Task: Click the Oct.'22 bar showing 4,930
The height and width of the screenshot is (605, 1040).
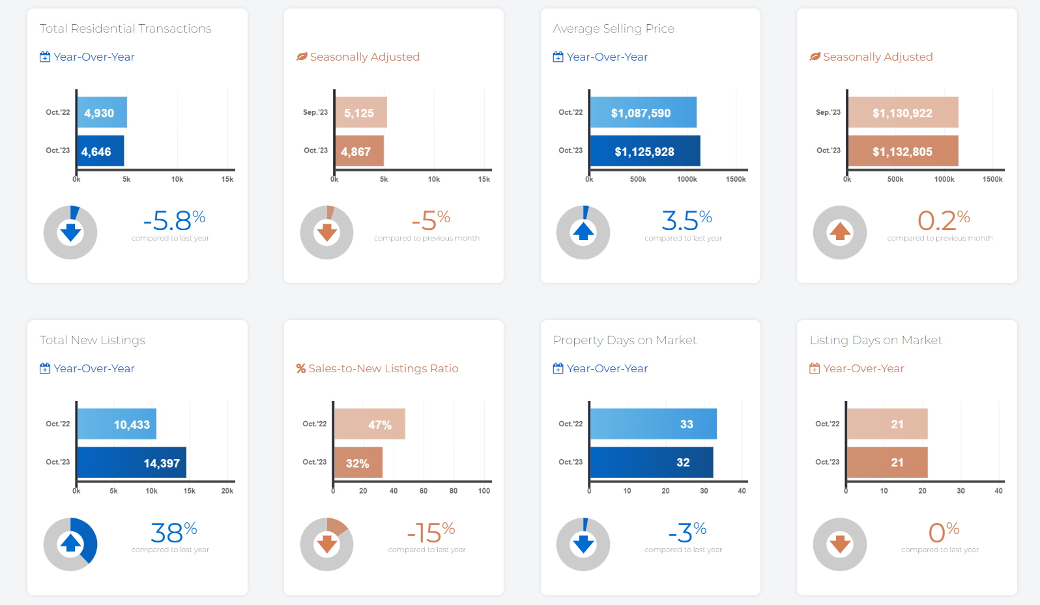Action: [x=102, y=112]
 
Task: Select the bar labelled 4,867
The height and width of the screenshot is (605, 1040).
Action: [x=359, y=151]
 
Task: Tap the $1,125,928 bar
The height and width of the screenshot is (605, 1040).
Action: [x=645, y=151]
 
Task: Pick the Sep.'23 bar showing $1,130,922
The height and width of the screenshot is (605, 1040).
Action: [x=903, y=112]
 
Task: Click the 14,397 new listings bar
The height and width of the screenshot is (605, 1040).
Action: [x=132, y=463]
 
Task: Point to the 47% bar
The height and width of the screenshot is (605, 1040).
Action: [x=369, y=424]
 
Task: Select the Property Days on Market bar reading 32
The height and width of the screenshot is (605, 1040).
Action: [x=652, y=462]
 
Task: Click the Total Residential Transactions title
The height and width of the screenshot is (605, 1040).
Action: [x=126, y=29]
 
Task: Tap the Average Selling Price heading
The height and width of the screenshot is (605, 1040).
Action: [x=613, y=29]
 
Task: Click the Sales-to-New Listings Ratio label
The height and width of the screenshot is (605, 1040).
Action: [x=383, y=368]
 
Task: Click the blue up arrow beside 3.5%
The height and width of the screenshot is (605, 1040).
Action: [x=583, y=231]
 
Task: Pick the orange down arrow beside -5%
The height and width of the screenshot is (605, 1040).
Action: [x=326, y=231]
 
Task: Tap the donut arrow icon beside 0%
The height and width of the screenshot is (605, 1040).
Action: [x=840, y=544]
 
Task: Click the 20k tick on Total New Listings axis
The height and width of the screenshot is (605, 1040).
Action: [x=227, y=491]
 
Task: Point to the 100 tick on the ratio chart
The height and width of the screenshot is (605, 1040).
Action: [x=484, y=491]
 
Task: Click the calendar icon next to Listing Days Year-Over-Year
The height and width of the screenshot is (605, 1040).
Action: [x=815, y=368]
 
